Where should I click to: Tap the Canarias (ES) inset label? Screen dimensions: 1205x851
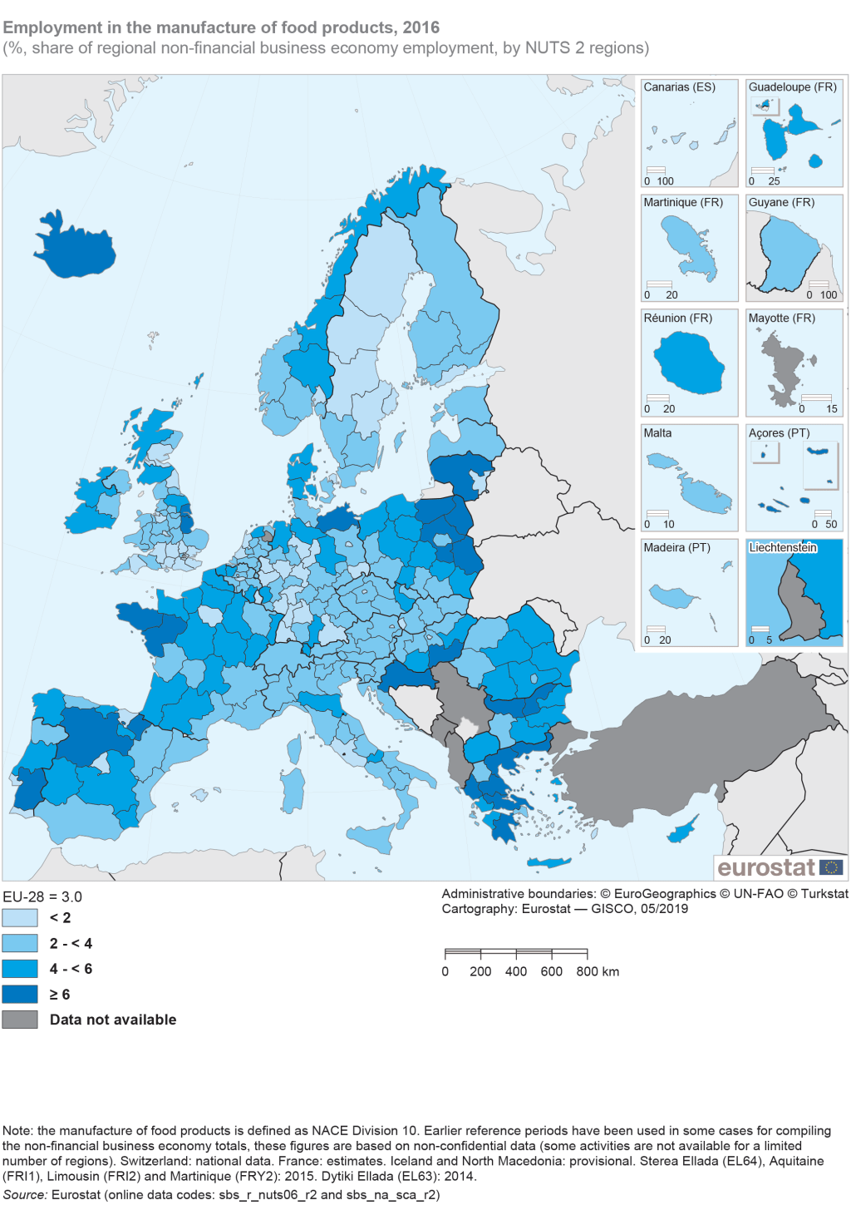tap(679, 87)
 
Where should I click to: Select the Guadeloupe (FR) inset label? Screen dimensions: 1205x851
tap(792, 87)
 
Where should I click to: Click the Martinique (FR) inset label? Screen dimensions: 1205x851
tap(683, 203)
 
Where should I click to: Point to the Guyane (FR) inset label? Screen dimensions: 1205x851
tap(781, 203)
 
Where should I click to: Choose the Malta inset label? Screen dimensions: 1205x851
tap(657, 433)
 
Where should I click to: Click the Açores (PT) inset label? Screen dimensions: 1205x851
tap(779, 433)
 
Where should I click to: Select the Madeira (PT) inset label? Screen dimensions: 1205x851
tap(676, 548)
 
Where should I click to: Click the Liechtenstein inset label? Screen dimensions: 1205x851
tap(783, 548)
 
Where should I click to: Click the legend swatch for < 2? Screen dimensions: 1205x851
tap(20, 918)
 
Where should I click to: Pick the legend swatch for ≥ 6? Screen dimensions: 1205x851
tap(20, 995)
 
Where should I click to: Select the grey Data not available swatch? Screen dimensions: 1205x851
tap(20, 1020)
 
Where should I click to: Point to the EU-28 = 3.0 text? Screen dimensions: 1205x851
tap(42, 897)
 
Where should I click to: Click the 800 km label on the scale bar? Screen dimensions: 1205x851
tap(598, 971)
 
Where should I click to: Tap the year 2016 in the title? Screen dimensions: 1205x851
tap(421, 27)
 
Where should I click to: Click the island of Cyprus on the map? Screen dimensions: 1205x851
tap(683, 830)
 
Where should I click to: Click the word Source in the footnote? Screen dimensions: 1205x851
tap(24, 1195)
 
